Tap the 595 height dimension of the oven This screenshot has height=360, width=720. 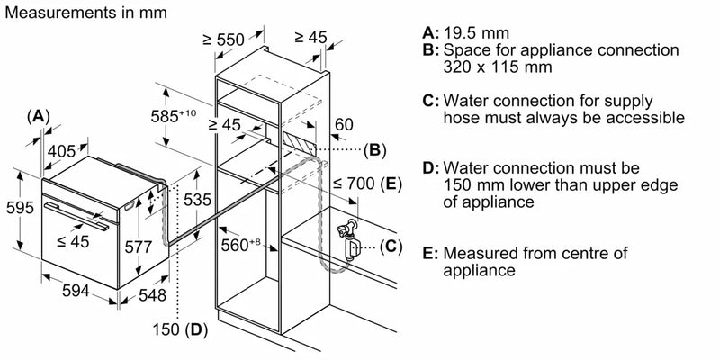coord(14,208)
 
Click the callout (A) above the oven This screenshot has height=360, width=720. coord(37,115)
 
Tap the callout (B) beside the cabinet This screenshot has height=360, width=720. coord(374,148)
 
